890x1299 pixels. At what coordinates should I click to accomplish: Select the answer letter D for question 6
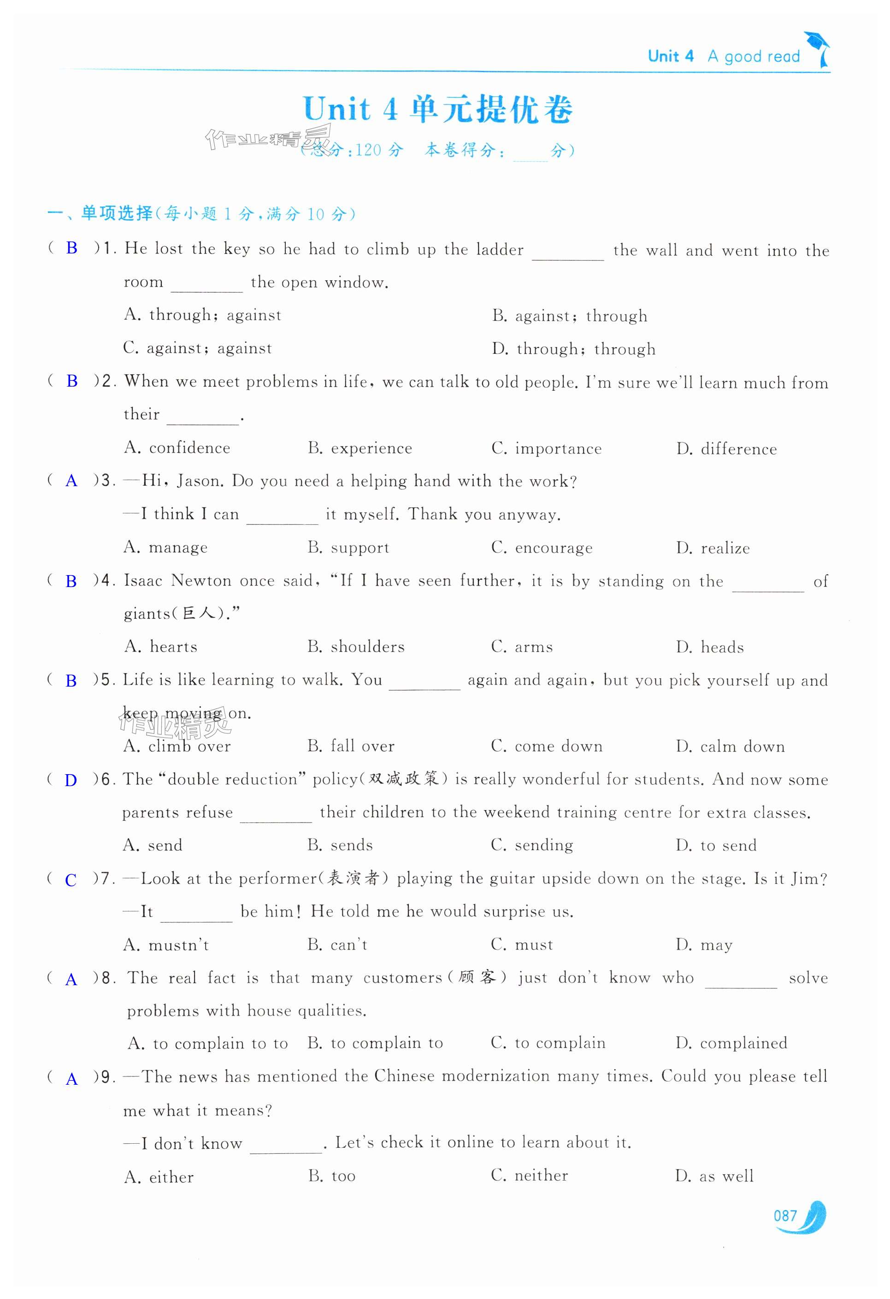[71, 780]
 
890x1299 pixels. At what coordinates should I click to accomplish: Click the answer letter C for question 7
[71, 880]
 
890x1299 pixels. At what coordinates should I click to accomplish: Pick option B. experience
[360, 448]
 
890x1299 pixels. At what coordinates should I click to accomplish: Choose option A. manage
[165, 547]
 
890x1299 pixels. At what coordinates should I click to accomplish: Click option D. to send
[716, 845]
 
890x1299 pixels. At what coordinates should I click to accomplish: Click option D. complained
[731, 1043]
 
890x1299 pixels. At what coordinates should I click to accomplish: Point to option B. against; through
[570, 316]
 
